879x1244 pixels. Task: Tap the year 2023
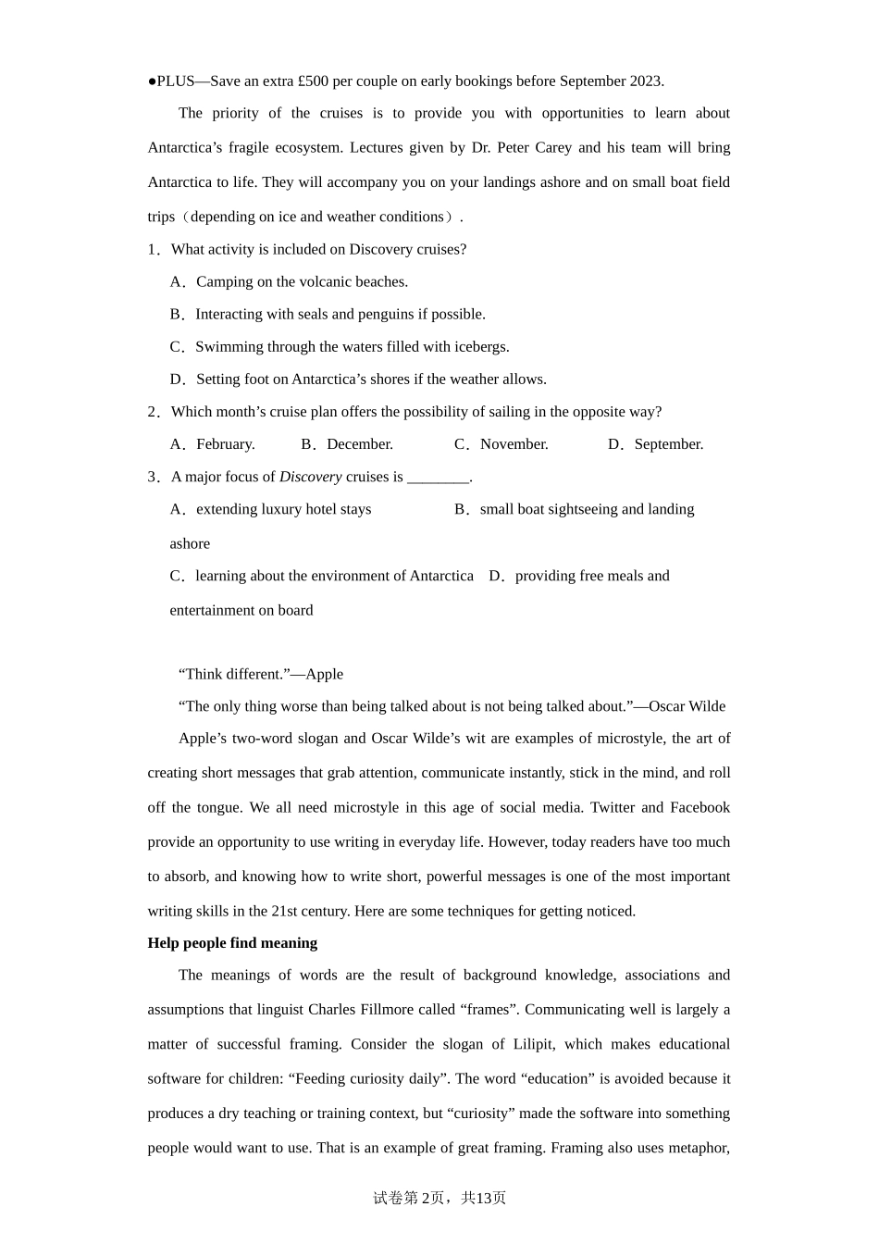pos(646,81)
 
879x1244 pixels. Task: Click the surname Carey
pos(553,148)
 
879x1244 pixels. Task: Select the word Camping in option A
pos(222,282)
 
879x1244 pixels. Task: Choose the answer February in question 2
pos(225,444)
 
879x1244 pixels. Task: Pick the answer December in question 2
pos(359,444)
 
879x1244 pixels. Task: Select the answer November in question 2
pos(514,444)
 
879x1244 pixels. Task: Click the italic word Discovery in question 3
pos(310,478)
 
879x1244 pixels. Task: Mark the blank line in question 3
pos(439,478)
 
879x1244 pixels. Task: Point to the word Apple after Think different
pos(324,675)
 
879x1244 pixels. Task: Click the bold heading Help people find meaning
pos(232,943)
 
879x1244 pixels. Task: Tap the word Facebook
pos(699,808)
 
